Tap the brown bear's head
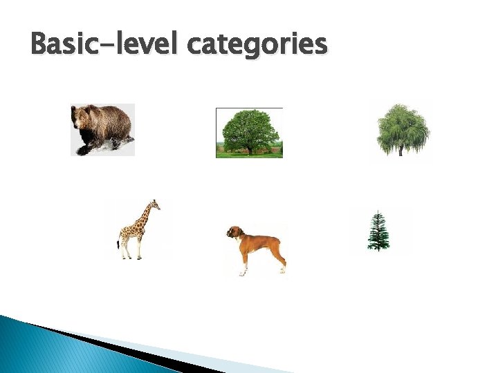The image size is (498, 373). click(x=82, y=119)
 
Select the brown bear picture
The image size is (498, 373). click(x=102, y=129)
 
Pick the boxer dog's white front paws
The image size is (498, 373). click(x=243, y=272)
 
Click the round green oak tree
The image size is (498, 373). click(x=250, y=130)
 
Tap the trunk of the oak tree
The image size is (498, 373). click(x=249, y=149)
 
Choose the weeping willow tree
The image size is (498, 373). click(x=402, y=128)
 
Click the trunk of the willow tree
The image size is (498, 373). click(x=400, y=150)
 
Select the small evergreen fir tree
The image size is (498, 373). click(x=378, y=232)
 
